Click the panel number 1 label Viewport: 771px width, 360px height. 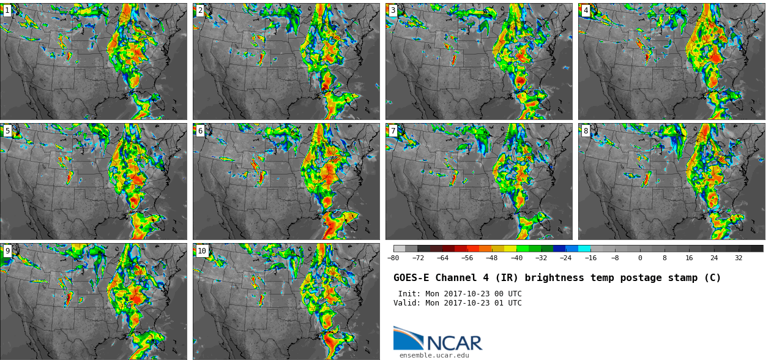point(7,10)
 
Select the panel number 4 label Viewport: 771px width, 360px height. point(586,10)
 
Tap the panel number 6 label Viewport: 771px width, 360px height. point(200,130)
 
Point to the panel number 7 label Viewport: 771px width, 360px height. point(393,130)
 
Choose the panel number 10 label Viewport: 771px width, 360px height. point(202,250)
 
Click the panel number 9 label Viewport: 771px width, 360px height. point(7,250)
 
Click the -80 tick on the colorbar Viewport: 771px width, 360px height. point(393,258)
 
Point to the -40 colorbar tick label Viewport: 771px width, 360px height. point(516,258)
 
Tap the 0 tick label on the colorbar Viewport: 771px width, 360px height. point(640,258)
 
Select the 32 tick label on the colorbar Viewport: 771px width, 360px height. point(739,258)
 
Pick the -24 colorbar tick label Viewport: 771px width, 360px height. point(565,258)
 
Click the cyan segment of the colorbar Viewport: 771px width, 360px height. point(584,249)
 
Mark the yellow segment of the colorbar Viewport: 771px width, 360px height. point(510,249)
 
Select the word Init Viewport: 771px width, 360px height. point(409,294)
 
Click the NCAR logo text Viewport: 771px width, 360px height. point(455,343)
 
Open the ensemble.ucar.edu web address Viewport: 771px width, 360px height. point(434,355)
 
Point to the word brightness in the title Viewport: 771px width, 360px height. point(554,278)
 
